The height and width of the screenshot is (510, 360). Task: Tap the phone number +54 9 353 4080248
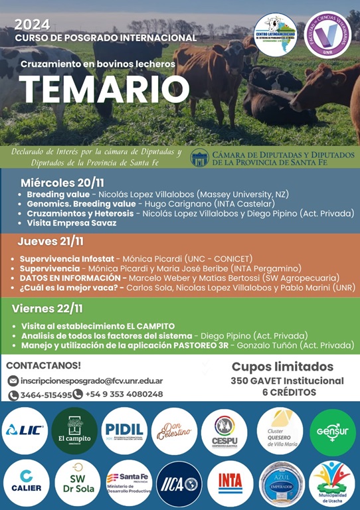click(124, 394)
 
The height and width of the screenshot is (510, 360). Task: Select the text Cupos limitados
click(282, 367)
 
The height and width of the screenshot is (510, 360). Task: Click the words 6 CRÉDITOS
click(288, 392)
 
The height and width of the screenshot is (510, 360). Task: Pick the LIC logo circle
click(25, 431)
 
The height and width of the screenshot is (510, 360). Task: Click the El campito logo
click(74, 431)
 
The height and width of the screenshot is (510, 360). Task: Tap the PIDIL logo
click(124, 431)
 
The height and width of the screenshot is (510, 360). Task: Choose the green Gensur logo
click(333, 431)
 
